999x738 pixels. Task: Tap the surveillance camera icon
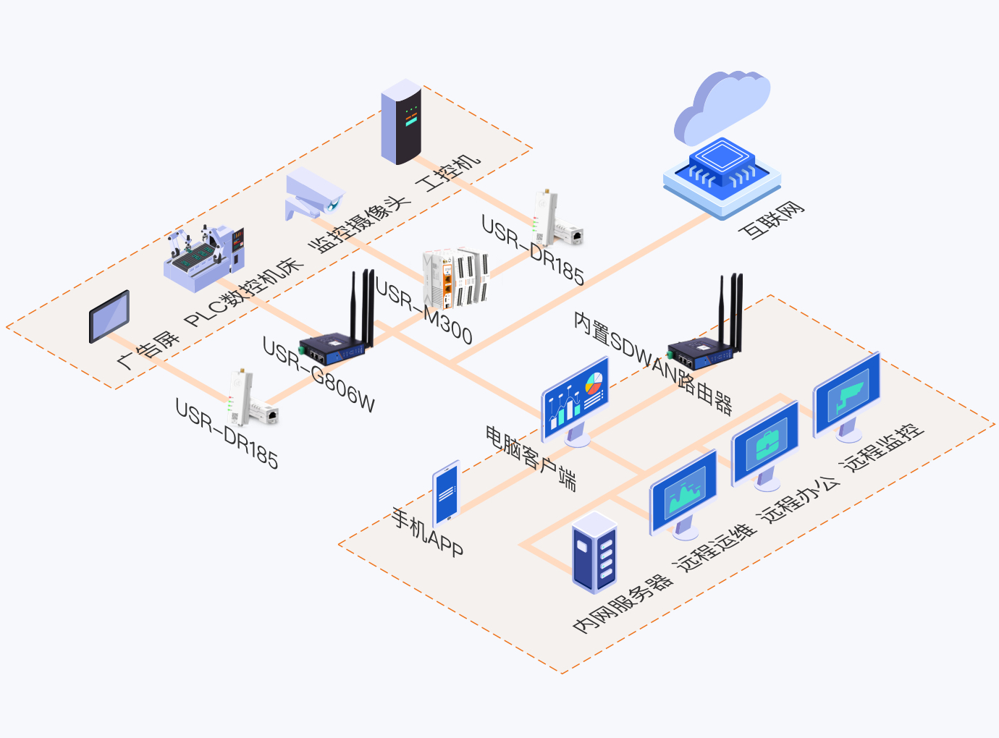[314, 194]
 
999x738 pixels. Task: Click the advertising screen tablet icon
[109, 316]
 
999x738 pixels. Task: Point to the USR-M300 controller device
[456, 278]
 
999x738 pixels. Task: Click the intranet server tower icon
[594, 552]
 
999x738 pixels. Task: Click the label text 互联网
[771, 220]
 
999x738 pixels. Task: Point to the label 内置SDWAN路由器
[652, 362]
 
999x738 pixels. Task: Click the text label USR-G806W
[319, 375]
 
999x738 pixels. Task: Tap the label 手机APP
[427, 532]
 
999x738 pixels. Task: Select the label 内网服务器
[623, 604]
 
